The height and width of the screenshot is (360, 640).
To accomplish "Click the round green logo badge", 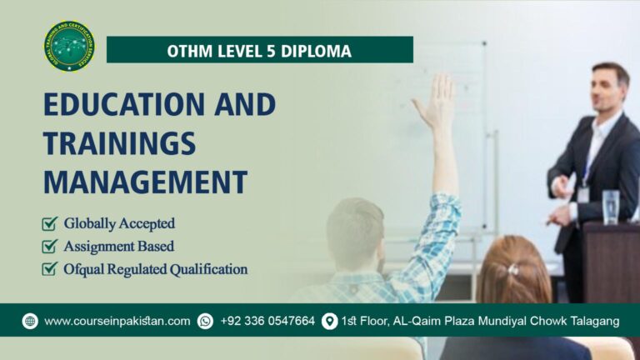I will click(x=69, y=47).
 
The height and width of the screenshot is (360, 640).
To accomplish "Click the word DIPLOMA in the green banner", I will click(x=316, y=52).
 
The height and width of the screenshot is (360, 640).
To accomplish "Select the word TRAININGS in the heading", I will click(x=119, y=142).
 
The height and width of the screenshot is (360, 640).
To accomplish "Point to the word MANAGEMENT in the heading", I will click(x=145, y=181).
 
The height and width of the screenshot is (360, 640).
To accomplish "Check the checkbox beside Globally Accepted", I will click(x=50, y=223).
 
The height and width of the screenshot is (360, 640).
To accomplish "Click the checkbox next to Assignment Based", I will click(x=50, y=246).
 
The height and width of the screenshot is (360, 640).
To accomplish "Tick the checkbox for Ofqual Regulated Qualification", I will click(x=50, y=269).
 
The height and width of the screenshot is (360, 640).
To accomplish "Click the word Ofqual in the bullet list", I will click(x=85, y=269).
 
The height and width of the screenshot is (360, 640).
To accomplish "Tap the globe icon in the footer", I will click(x=30, y=321).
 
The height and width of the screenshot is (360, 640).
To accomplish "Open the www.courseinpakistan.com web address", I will click(x=117, y=321).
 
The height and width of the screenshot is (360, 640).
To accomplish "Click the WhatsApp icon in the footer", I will click(x=205, y=321).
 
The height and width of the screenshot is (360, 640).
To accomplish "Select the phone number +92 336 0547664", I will click(x=267, y=321).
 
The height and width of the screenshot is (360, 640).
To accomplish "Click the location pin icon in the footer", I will click(x=329, y=321).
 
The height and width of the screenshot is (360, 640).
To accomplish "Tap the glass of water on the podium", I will click(x=611, y=207).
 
